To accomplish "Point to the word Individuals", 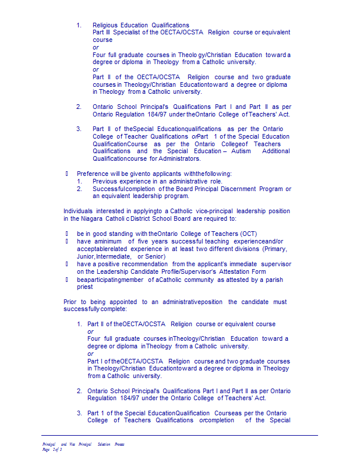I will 77,211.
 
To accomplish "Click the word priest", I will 85,287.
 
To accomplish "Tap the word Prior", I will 70,302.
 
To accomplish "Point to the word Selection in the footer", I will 104,444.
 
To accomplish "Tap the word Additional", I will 276,151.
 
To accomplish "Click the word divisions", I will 245,249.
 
